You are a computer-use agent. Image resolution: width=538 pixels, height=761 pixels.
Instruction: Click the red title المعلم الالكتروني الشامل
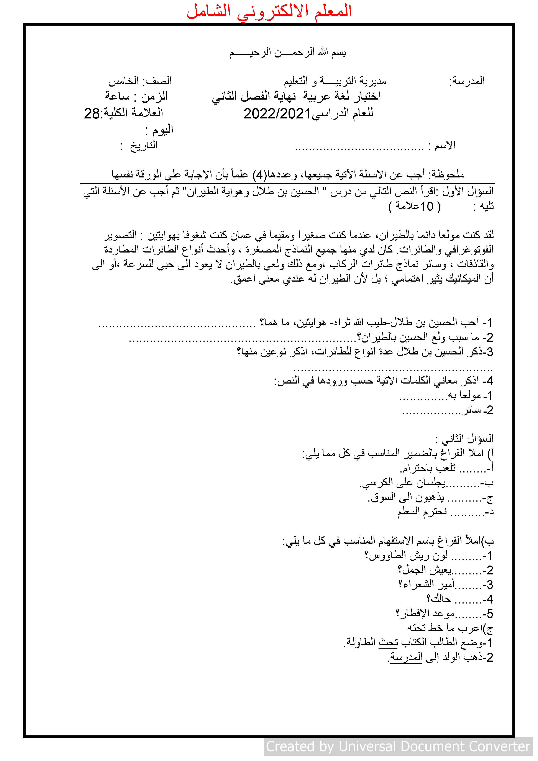tap(269, 11)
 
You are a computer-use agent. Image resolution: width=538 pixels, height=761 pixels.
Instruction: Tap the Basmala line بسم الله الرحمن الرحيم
tap(287, 52)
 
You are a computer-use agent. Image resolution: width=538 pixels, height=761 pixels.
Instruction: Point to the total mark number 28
tap(92, 114)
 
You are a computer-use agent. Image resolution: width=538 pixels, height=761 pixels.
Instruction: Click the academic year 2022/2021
tap(277, 114)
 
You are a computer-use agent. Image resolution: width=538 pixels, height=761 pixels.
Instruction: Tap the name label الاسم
tap(445, 145)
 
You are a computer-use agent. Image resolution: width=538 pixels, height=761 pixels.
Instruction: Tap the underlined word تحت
tap(388, 643)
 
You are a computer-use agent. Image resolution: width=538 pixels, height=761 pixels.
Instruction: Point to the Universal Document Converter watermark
tap(398, 746)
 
